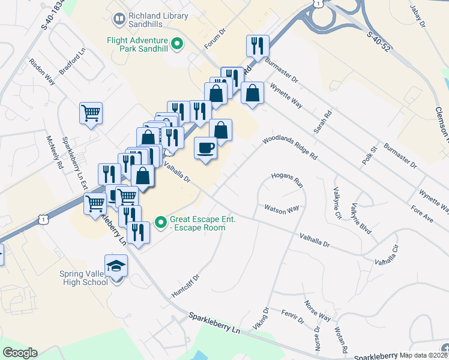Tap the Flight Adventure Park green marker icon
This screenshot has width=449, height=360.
click(177, 43)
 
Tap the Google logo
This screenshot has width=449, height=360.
click(20, 353)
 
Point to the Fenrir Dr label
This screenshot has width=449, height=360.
click(293, 317)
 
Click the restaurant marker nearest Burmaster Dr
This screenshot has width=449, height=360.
click(258, 46)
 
